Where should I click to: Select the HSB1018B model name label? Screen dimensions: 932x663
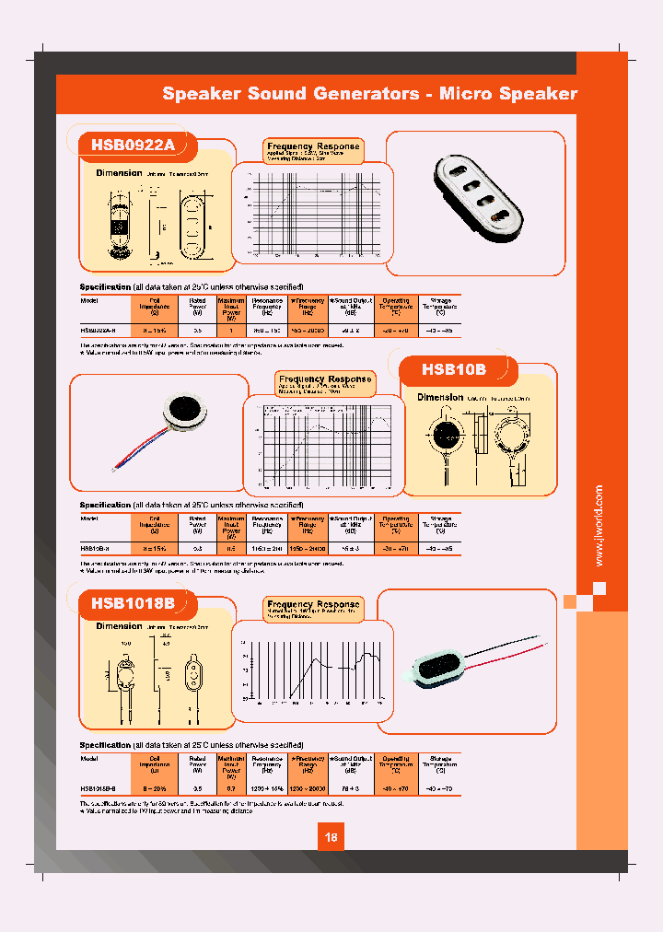coord(132,604)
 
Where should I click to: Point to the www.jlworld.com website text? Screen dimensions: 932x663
coord(599,526)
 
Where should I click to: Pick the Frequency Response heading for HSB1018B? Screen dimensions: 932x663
coord(313,604)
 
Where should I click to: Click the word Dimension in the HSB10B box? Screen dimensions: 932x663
coord(440,398)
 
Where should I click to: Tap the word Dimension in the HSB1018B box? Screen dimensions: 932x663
coord(120,626)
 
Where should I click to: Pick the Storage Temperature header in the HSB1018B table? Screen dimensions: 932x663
coord(439,765)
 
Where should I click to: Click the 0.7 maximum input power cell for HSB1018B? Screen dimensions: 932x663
coord(230,789)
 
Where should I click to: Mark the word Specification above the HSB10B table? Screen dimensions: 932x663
coord(105,505)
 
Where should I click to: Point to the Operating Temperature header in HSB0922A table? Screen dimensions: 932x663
coord(395,307)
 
